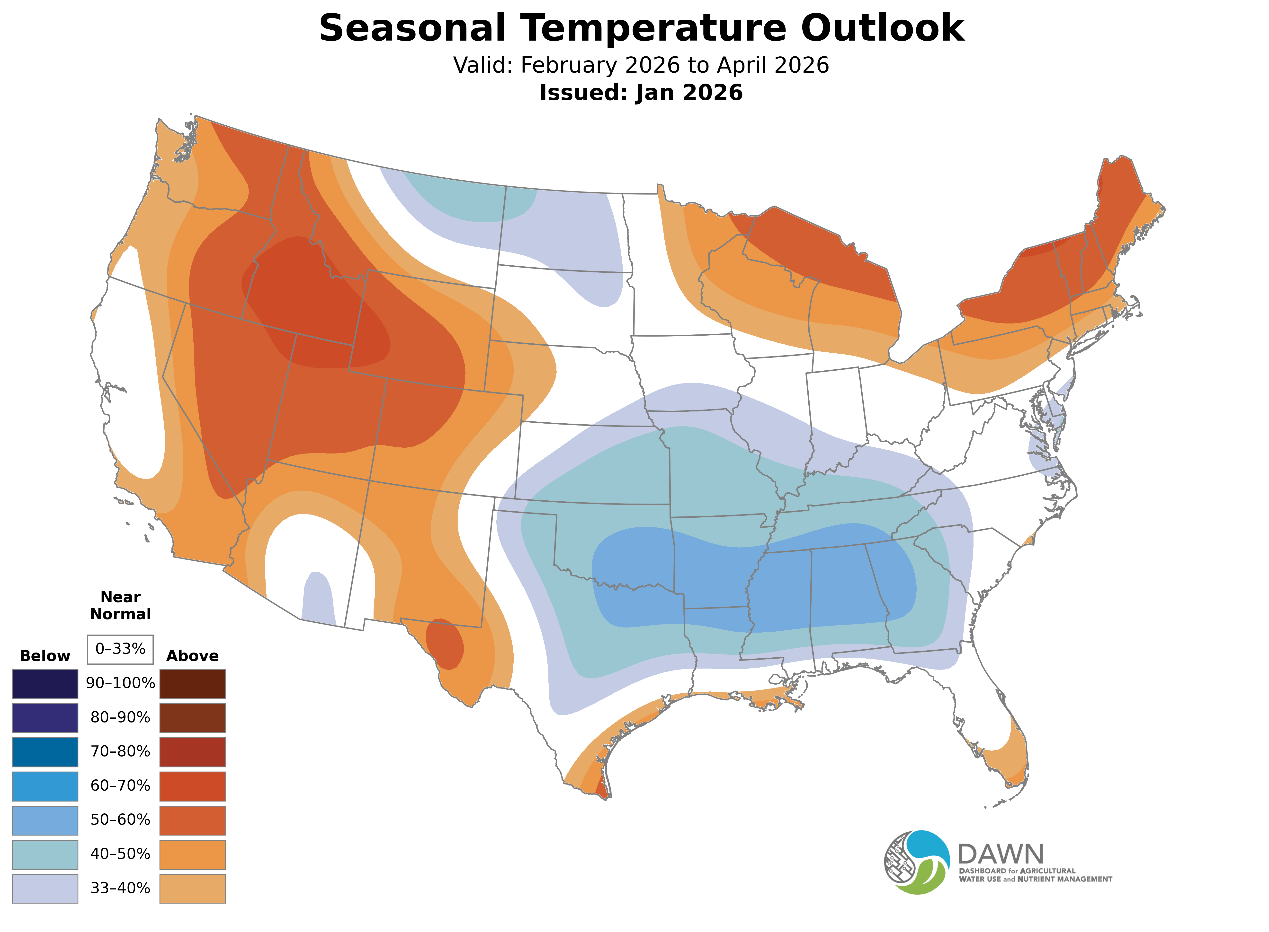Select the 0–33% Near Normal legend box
point(120,649)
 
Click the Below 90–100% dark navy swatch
point(45,684)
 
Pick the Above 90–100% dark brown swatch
point(193,684)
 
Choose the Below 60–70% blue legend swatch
point(45,786)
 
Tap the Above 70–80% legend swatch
point(193,752)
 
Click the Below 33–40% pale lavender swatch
point(45,888)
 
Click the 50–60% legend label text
point(120,820)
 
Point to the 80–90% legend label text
point(120,718)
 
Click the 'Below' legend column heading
point(45,656)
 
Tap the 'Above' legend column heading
point(193,656)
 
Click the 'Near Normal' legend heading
point(120,605)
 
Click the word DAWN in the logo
point(1001,855)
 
